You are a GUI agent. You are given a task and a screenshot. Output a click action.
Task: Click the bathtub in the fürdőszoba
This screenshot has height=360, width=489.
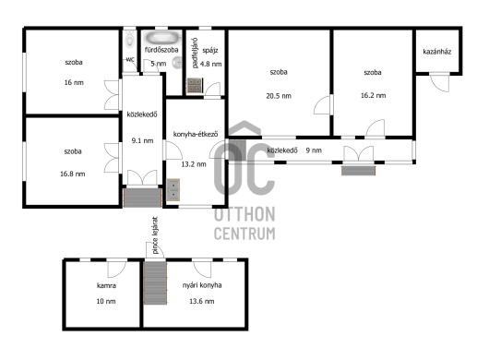(162, 38)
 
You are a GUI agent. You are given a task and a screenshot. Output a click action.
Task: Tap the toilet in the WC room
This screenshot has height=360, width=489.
(130, 40)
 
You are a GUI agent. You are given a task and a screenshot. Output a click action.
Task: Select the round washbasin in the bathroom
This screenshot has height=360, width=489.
(178, 63)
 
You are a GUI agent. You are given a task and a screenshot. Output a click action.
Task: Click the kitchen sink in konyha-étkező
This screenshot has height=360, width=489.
(173, 189)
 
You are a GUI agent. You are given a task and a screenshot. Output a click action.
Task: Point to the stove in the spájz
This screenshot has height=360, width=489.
(195, 86)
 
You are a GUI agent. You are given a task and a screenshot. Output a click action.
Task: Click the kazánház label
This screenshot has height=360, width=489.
(437, 52)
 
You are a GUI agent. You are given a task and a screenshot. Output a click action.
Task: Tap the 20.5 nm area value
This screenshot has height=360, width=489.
(279, 96)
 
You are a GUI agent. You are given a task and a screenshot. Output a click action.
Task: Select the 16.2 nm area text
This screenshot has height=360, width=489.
(373, 95)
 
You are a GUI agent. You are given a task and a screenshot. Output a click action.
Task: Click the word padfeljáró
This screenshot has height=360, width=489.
(195, 53)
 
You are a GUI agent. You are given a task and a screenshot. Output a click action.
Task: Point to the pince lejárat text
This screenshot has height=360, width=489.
(156, 235)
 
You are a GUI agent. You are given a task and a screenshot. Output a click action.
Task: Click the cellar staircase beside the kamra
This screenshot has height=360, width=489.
(155, 282)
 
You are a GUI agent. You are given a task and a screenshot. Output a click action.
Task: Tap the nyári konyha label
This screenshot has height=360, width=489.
(202, 285)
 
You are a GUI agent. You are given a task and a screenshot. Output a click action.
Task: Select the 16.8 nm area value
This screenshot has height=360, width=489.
(72, 174)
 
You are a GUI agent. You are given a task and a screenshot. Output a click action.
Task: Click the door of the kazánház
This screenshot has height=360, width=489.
(440, 82)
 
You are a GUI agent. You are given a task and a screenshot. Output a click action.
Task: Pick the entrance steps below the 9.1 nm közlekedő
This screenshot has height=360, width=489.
(142, 198)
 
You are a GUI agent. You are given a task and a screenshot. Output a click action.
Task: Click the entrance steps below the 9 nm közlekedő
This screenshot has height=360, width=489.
(358, 171)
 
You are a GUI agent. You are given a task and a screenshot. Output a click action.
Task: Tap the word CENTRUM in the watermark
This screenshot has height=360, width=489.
(244, 234)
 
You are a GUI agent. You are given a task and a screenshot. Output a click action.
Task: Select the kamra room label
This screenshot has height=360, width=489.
(106, 285)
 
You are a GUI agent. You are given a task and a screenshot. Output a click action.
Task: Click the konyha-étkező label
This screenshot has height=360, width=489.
(196, 134)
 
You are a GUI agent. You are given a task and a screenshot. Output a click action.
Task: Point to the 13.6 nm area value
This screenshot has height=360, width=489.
(202, 301)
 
